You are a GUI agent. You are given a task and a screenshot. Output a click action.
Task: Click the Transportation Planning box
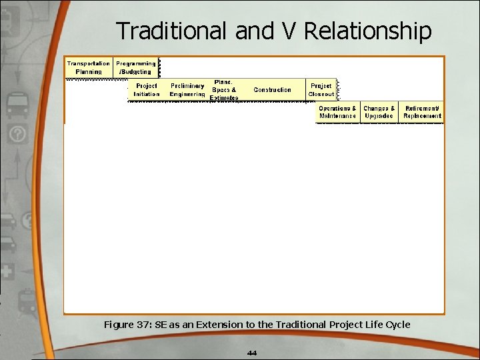click(x=88, y=67)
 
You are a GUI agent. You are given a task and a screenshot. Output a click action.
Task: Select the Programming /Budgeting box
click(x=136, y=67)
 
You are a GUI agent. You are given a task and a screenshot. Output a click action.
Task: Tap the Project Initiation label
click(x=147, y=90)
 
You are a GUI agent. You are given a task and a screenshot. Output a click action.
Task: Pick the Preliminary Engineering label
click(x=187, y=90)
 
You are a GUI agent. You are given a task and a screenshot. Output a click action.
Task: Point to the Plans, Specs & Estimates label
click(x=224, y=90)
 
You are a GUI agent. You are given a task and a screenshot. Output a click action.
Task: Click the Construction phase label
click(x=272, y=90)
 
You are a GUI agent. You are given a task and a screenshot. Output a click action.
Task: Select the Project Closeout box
click(x=321, y=90)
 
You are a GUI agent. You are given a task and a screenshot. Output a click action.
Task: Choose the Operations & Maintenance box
click(x=337, y=112)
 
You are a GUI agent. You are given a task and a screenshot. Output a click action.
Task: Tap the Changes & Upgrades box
click(x=379, y=112)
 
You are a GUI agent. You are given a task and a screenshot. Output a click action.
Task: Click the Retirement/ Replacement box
click(x=422, y=112)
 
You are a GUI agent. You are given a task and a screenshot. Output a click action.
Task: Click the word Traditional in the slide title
click(x=173, y=31)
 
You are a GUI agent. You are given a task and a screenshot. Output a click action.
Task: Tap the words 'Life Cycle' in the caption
click(x=386, y=325)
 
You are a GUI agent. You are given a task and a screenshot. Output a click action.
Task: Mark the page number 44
click(x=251, y=353)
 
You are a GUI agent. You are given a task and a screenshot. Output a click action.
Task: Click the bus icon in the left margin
click(x=17, y=105)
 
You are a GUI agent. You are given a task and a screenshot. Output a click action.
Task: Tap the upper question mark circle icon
click(x=18, y=135)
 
